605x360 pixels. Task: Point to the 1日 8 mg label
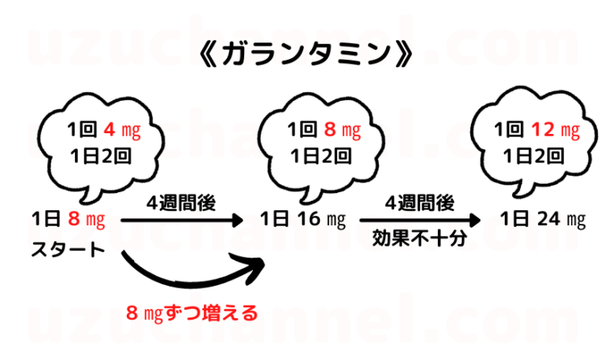pyautogui.click(x=69, y=218)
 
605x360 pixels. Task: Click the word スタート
pyautogui.click(x=68, y=251)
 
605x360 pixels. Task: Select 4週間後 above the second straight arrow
pyautogui.click(x=419, y=202)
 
